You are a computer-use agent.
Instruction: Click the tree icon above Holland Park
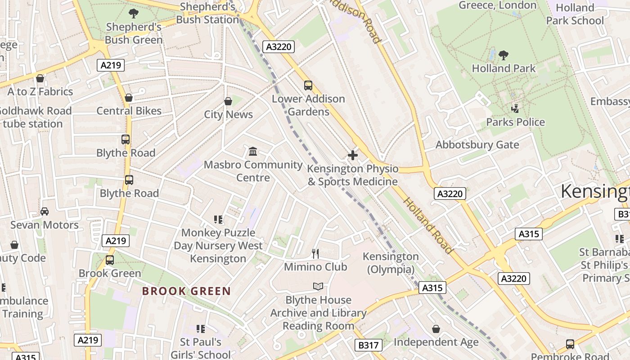click(504, 55)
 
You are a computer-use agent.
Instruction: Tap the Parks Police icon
click(515, 108)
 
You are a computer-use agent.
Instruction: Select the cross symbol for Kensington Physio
click(353, 155)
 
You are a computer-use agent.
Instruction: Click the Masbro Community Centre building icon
click(253, 151)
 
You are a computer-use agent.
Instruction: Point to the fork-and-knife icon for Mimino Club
click(315, 254)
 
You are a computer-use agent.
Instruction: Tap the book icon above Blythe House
click(318, 286)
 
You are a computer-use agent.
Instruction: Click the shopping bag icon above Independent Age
click(436, 329)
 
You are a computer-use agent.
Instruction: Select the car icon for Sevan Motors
click(45, 211)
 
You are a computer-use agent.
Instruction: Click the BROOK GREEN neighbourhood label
click(186, 291)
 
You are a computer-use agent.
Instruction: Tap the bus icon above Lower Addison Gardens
click(308, 85)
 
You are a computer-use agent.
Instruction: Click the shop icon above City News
click(228, 101)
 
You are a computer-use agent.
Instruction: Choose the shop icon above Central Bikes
click(129, 98)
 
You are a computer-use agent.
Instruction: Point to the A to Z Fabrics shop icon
click(40, 78)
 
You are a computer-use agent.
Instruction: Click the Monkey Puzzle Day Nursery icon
click(218, 220)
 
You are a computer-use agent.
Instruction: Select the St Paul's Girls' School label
click(201, 348)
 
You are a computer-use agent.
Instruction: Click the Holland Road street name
click(427, 225)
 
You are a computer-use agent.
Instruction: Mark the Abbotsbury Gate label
click(477, 145)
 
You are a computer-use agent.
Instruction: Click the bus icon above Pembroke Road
click(570, 344)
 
